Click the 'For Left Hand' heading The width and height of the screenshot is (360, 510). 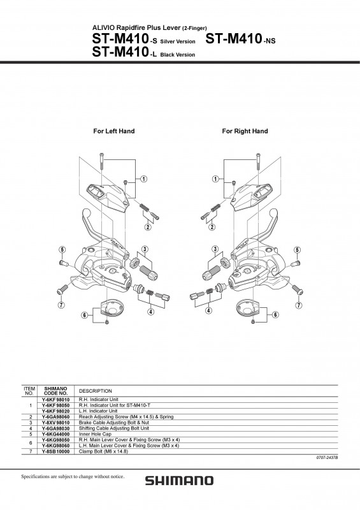pyautogui.click(x=114, y=131)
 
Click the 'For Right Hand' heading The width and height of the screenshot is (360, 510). pyautogui.click(x=245, y=131)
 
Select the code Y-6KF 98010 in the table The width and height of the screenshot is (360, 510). pyautogui.click(x=56, y=400)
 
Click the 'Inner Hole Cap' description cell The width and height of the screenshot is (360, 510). pyautogui.click(x=96, y=433)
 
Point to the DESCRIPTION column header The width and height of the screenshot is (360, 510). pyautogui.click(x=96, y=391)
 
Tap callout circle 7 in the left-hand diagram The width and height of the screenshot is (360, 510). pyautogui.click(x=62, y=305)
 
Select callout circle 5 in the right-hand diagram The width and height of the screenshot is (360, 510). pyautogui.click(x=296, y=249)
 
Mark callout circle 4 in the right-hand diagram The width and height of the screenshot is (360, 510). pyautogui.click(x=208, y=312)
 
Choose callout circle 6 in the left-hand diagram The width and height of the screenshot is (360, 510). pyautogui.click(x=84, y=316)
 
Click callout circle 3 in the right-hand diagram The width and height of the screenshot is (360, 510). pyautogui.click(x=215, y=249)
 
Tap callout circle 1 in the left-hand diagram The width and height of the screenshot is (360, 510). pyautogui.click(x=145, y=179)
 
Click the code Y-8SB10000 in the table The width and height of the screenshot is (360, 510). pyautogui.click(x=56, y=451)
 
